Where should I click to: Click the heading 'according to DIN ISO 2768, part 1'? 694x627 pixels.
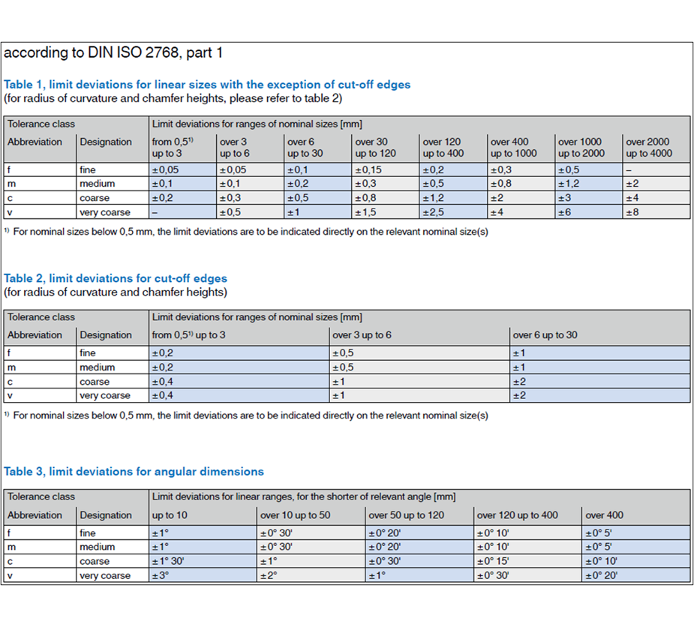[x=113, y=53]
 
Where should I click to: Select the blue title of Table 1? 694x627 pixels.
[x=207, y=85]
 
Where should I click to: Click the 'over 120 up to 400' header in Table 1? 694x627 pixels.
[x=443, y=148]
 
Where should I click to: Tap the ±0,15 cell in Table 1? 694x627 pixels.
[x=368, y=169]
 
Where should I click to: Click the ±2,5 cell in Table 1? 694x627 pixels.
[x=435, y=212]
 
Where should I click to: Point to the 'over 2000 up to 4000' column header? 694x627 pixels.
[x=649, y=148]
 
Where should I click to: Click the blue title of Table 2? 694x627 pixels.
[x=116, y=278]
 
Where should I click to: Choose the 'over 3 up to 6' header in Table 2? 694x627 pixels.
[x=362, y=334]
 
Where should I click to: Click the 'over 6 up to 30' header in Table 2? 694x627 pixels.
[x=545, y=334]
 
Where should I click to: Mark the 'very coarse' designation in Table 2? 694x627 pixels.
[x=105, y=395]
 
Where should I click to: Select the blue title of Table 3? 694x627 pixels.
[x=134, y=472]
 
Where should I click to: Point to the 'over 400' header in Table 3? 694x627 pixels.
[x=605, y=515]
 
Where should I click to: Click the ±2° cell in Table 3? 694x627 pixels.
[x=269, y=576]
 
